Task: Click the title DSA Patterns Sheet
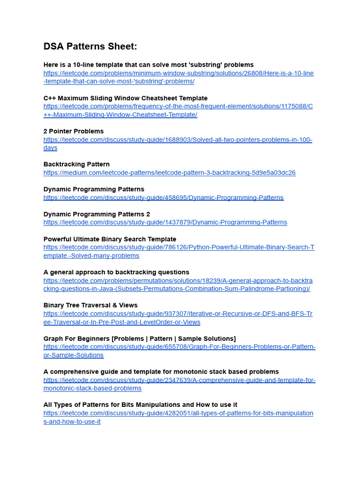[x=90, y=46]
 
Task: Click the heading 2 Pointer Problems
[x=74, y=131]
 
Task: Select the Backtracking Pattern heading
[x=76, y=165]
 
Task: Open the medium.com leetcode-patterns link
[x=169, y=172]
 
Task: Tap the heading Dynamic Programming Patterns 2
[x=97, y=214]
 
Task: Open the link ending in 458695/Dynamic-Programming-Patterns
[x=163, y=197]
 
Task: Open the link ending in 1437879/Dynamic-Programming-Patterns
[x=165, y=222]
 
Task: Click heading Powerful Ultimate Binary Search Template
[x=110, y=239]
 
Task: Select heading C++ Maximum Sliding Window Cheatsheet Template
[x=125, y=98]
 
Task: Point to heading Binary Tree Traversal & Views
[x=90, y=305]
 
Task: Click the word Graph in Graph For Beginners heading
[x=53, y=338]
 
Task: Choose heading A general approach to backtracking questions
[x=116, y=272]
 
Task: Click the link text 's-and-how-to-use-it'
[x=72, y=421]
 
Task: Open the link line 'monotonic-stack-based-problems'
[x=92, y=388]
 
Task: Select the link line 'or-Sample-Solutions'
[x=74, y=355]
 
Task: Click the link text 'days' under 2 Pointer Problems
[x=50, y=148]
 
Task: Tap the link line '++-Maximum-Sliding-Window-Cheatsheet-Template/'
[x=120, y=115]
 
